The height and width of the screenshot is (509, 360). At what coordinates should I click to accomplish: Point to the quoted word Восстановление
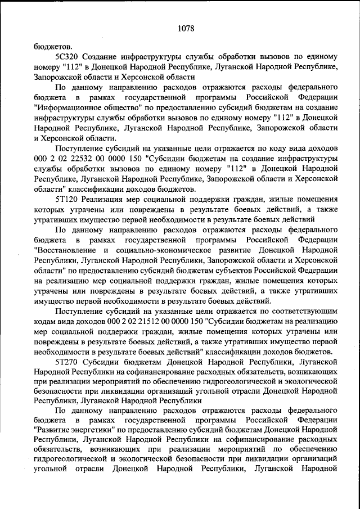(69, 250)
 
